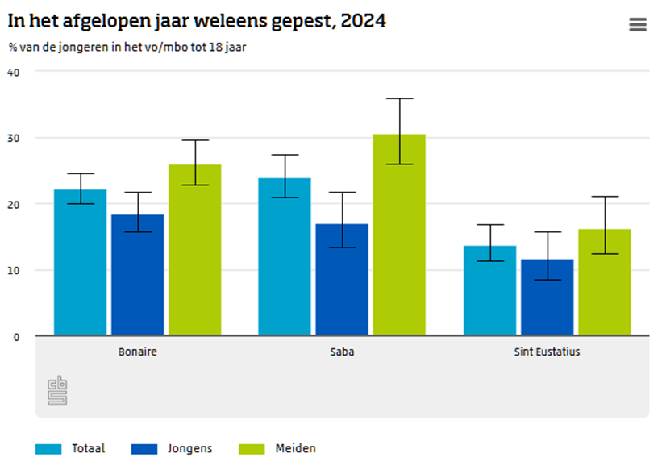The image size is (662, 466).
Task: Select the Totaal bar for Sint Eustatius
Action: (x=489, y=290)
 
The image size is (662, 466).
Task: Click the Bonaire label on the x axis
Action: (x=138, y=352)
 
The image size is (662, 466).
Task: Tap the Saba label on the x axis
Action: (x=342, y=352)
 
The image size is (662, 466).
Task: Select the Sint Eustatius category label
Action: (x=547, y=352)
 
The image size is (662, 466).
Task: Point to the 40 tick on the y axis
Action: (x=13, y=72)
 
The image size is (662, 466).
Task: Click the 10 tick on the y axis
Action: (x=13, y=270)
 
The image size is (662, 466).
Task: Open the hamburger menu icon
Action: (x=638, y=25)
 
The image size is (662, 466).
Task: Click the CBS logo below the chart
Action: (x=57, y=390)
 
